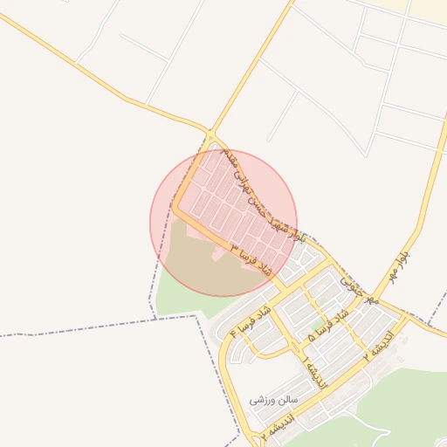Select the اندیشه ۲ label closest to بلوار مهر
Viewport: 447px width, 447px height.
pyautogui.click(x=382, y=341)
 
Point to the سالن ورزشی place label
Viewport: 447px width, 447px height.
pyautogui.click(x=273, y=400)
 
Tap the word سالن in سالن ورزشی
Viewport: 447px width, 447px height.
pyautogui.click(x=287, y=400)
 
